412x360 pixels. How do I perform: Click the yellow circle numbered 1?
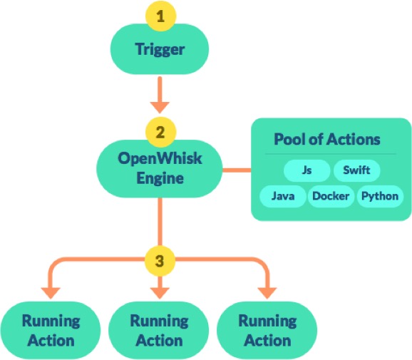point(160,16)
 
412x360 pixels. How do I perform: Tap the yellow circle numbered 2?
point(160,132)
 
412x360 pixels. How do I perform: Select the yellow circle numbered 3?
point(160,261)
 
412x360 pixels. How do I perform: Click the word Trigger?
point(160,49)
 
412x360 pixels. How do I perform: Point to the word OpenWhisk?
point(160,158)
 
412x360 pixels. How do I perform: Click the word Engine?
point(160,179)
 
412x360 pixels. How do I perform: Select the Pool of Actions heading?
point(327,139)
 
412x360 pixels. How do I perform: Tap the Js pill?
point(307,170)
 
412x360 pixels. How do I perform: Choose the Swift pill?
point(357,170)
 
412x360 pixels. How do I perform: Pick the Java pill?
point(283,196)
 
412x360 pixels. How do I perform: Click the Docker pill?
point(331,196)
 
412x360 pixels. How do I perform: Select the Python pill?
point(380,196)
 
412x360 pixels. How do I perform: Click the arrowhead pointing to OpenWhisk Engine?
point(160,107)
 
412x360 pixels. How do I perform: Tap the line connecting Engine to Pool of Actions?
point(237,170)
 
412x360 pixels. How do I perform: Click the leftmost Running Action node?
point(51,330)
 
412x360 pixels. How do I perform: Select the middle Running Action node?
point(159,330)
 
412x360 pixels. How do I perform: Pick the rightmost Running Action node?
point(267,330)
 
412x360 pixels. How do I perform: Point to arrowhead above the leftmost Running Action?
point(51,293)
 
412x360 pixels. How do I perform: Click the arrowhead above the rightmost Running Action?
point(267,293)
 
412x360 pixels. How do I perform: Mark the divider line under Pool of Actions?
point(331,154)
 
